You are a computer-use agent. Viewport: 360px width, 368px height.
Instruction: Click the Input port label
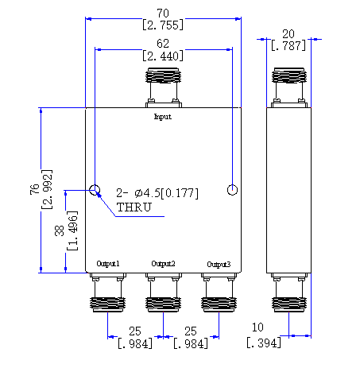(x=163, y=117)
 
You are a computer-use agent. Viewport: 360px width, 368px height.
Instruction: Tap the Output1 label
(x=108, y=264)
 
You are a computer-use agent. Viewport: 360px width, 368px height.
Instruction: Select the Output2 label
(x=163, y=264)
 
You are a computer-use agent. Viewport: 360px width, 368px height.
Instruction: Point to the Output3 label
(x=219, y=265)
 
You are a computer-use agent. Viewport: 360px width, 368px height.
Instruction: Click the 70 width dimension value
(x=163, y=14)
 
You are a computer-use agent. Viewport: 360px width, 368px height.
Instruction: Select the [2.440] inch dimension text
(x=163, y=56)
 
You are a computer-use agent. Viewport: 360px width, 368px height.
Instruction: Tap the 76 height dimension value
(x=35, y=189)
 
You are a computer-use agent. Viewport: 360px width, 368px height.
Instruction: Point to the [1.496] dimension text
(x=72, y=230)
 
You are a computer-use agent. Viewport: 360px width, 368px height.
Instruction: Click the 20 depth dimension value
(x=288, y=34)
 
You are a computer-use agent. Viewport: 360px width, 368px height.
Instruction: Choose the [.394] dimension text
(x=264, y=343)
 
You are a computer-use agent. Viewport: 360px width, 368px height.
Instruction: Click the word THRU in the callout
(x=134, y=207)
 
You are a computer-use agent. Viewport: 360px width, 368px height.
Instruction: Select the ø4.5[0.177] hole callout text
(x=166, y=193)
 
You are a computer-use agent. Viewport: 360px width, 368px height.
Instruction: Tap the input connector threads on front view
(x=164, y=76)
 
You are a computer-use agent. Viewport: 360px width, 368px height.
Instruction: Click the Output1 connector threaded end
(x=107, y=304)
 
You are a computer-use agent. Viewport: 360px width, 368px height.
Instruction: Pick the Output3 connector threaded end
(x=219, y=304)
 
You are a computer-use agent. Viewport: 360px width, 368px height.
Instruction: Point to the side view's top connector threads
(x=289, y=76)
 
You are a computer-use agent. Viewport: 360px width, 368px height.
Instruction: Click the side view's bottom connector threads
(x=289, y=304)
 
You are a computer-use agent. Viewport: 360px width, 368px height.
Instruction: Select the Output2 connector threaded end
(x=163, y=304)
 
